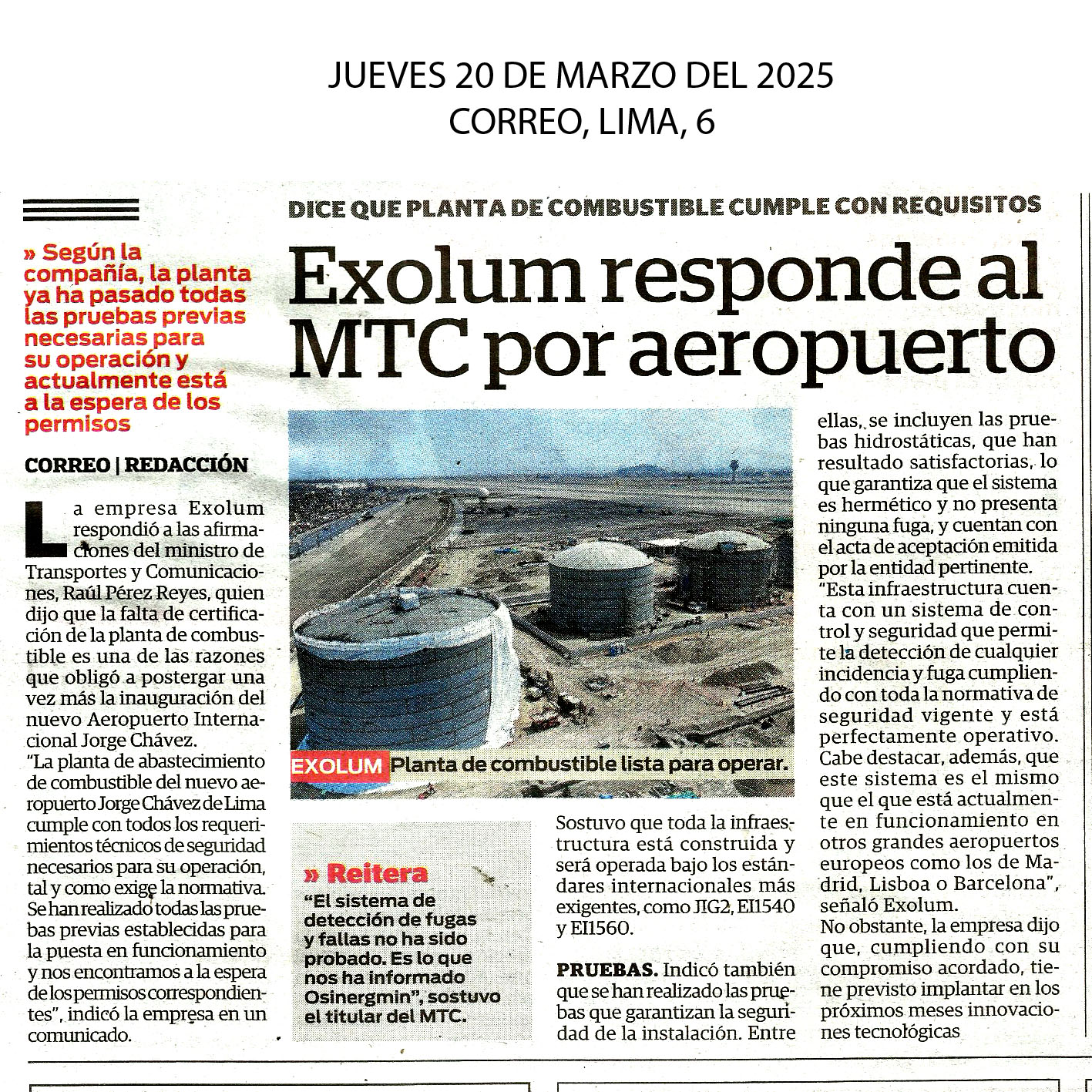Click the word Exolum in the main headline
436,277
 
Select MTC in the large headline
379,348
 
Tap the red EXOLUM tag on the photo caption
337,766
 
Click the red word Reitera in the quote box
376,873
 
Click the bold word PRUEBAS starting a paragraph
606,969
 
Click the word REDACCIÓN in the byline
186,465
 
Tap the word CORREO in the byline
67,465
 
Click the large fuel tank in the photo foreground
401,670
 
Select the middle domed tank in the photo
600,586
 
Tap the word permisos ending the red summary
77,424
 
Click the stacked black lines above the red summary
81,210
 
